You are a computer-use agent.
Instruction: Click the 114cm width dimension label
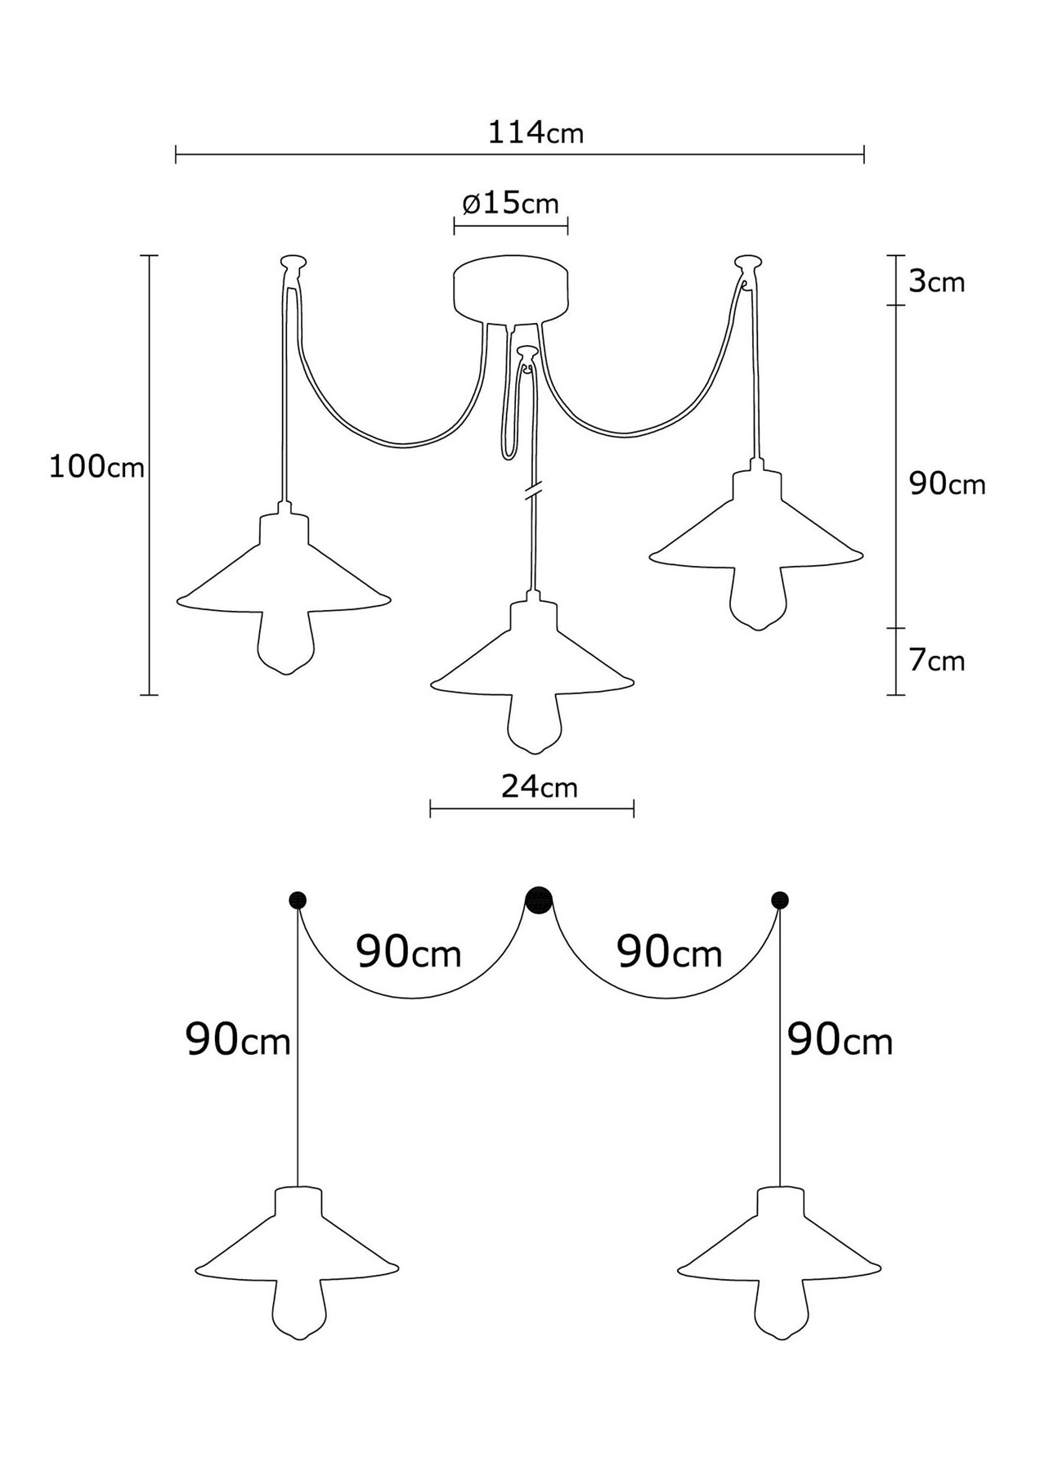click(536, 132)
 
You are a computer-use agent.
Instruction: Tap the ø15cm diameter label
click(511, 202)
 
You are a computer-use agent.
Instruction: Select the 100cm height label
click(96, 467)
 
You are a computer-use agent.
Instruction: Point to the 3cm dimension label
click(937, 281)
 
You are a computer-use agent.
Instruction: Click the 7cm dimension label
click(937, 660)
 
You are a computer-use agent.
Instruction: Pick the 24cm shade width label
click(539, 787)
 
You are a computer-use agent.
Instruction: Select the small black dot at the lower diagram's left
click(298, 900)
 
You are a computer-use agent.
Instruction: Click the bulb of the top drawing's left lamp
click(285, 642)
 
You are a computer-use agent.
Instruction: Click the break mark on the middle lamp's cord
click(533, 492)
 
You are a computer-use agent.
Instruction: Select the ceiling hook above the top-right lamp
click(747, 264)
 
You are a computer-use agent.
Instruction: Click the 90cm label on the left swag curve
click(409, 952)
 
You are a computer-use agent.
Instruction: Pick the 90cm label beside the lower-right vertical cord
click(841, 1040)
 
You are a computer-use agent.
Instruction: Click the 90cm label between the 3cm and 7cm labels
click(948, 484)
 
